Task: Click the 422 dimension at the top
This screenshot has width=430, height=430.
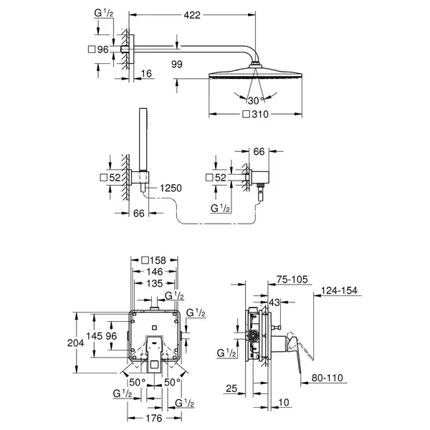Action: (x=192, y=15)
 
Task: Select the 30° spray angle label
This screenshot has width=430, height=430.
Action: (x=256, y=100)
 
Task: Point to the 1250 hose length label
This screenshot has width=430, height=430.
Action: (x=171, y=188)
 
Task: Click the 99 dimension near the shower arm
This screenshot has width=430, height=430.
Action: (x=176, y=64)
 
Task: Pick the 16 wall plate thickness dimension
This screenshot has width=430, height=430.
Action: (x=146, y=74)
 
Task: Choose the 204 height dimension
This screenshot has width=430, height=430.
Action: (x=76, y=343)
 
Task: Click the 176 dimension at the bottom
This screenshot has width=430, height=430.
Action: (x=154, y=419)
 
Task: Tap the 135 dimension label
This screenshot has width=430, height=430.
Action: (x=155, y=283)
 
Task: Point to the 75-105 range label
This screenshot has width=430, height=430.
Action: (x=292, y=279)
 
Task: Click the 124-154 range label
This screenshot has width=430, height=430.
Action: (x=339, y=291)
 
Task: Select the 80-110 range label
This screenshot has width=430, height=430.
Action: (x=328, y=378)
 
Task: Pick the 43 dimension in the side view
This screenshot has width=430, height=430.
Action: (x=274, y=302)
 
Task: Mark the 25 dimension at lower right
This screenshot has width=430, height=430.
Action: (x=231, y=388)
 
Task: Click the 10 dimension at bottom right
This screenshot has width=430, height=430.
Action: (x=284, y=402)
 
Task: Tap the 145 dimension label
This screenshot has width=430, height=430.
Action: (x=95, y=336)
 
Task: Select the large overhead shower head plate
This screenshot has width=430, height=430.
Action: (x=255, y=74)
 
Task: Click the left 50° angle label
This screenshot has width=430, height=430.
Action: (x=138, y=382)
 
